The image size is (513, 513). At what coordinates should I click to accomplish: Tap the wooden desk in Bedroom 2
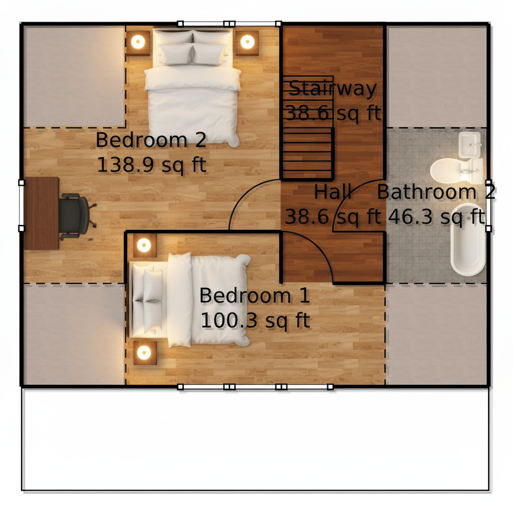pyautogui.click(x=41, y=213)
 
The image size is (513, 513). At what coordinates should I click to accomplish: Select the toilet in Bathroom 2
pyautogui.click(x=456, y=171)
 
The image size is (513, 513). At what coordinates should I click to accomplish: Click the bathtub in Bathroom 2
pyautogui.click(x=468, y=239)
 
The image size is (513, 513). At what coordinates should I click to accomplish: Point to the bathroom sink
pyautogui.click(x=470, y=145)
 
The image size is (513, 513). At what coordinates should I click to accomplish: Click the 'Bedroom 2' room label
pyautogui.click(x=151, y=140)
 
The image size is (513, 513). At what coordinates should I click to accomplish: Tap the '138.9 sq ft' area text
pyautogui.click(x=152, y=164)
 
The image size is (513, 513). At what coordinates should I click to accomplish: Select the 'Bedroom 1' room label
pyautogui.click(x=254, y=296)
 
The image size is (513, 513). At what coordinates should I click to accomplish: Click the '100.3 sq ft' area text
pyautogui.click(x=255, y=320)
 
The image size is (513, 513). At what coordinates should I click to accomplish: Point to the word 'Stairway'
pyautogui.click(x=333, y=88)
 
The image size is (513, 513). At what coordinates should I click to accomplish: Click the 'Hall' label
pyautogui.click(x=333, y=192)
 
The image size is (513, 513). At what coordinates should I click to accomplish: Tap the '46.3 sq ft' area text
pyautogui.click(x=436, y=216)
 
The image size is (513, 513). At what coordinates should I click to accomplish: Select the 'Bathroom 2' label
pyautogui.click(x=436, y=192)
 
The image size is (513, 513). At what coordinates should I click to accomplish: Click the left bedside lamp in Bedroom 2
pyautogui.click(x=138, y=42)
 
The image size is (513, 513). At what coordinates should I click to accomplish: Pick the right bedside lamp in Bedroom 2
pyautogui.click(x=247, y=42)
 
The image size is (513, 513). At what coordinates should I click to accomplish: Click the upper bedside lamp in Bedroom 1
pyautogui.click(x=144, y=245)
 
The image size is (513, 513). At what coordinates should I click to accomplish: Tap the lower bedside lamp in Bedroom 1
pyautogui.click(x=144, y=352)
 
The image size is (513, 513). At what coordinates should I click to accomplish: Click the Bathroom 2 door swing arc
pyautogui.click(x=348, y=194)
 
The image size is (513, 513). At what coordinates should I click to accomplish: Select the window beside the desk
pyautogui.click(x=21, y=205)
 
